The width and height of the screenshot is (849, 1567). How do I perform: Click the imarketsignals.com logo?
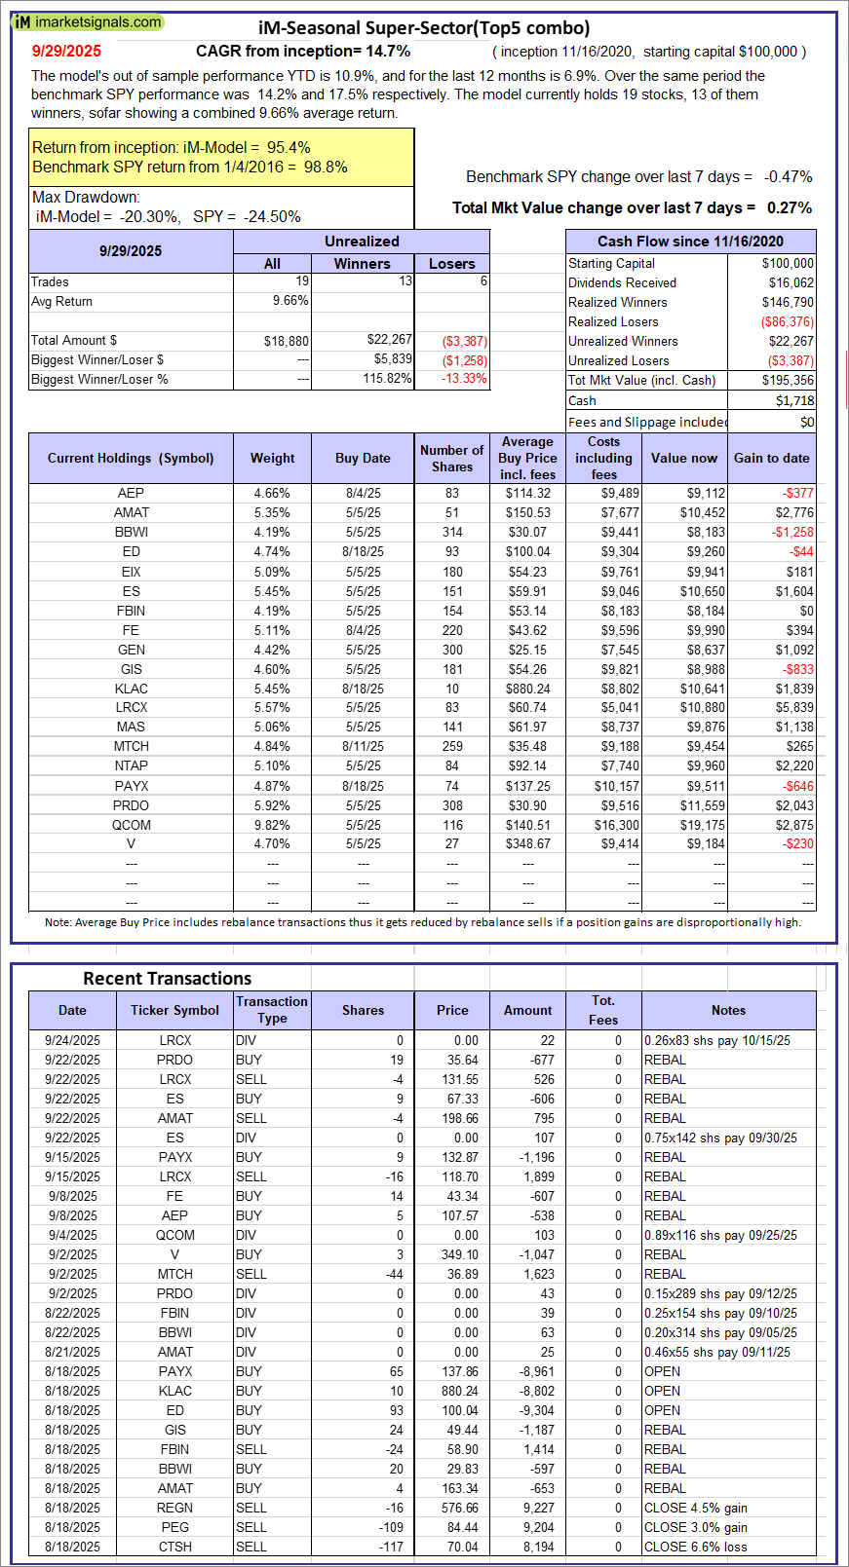pyautogui.click(x=88, y=22)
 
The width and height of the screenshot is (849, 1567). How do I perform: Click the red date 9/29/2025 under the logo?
pyautogui.click(x=66, y=52)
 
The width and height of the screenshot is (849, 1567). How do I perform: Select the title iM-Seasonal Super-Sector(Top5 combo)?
pyautogui.click(x=424, y=28)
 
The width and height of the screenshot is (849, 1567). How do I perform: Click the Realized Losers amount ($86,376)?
pyautogui.click(x=788, y=321)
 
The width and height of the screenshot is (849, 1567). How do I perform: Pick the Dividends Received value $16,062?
pyautogui.click(x=788, y=282)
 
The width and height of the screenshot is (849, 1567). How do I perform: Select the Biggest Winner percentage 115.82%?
pyautogui.click(x=387, y=379)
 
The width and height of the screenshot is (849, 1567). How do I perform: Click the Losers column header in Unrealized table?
pyautogui.click(x=452, y=264)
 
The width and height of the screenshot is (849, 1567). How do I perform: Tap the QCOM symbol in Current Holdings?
pyautogui.click(x=132, y=825)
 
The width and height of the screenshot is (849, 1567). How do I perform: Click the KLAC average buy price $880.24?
pyautogui.click(x=527, y=689)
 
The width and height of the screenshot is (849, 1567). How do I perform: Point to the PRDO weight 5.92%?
pyautogui.click(x=272, y=805)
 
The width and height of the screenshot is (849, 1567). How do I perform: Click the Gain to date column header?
pyautogui.click(x=771, y=459)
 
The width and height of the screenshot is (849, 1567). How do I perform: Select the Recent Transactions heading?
pyautogui.click(x=167, y=979)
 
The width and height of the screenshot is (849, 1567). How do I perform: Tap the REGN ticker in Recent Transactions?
pyautogui.click(x=175, y=1508)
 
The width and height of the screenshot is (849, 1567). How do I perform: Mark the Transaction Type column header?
pyautogui.click(x=272, y=1010)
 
